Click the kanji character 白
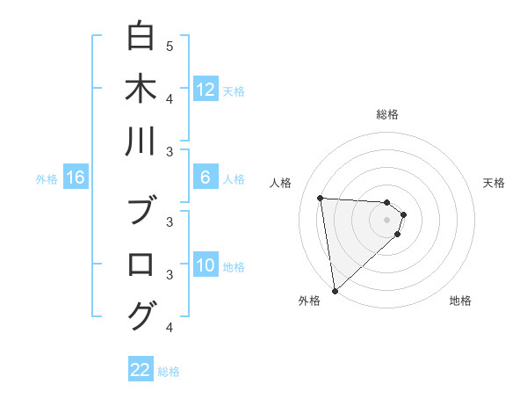click(x=141, y=38)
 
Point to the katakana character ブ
click(x=141, y=211)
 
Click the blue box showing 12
click(x=206, y=90)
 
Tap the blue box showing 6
click(x=206, y=178)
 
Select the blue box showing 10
click(x=206, y=266)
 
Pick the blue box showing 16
click(x=76, y=178)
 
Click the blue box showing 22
click(x=141, y=370)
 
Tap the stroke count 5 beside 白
click(x=170, y=46)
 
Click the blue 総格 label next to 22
click(x=169, y=372)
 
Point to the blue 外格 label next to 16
click(x=47, y=179)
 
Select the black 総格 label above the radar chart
click(x=387, y=114)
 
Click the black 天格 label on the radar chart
click(x=494, y=183)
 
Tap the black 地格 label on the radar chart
click(x=460, y=301)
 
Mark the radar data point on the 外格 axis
click(x=335, y=290)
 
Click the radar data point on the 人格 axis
click(x=321, y=198)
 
